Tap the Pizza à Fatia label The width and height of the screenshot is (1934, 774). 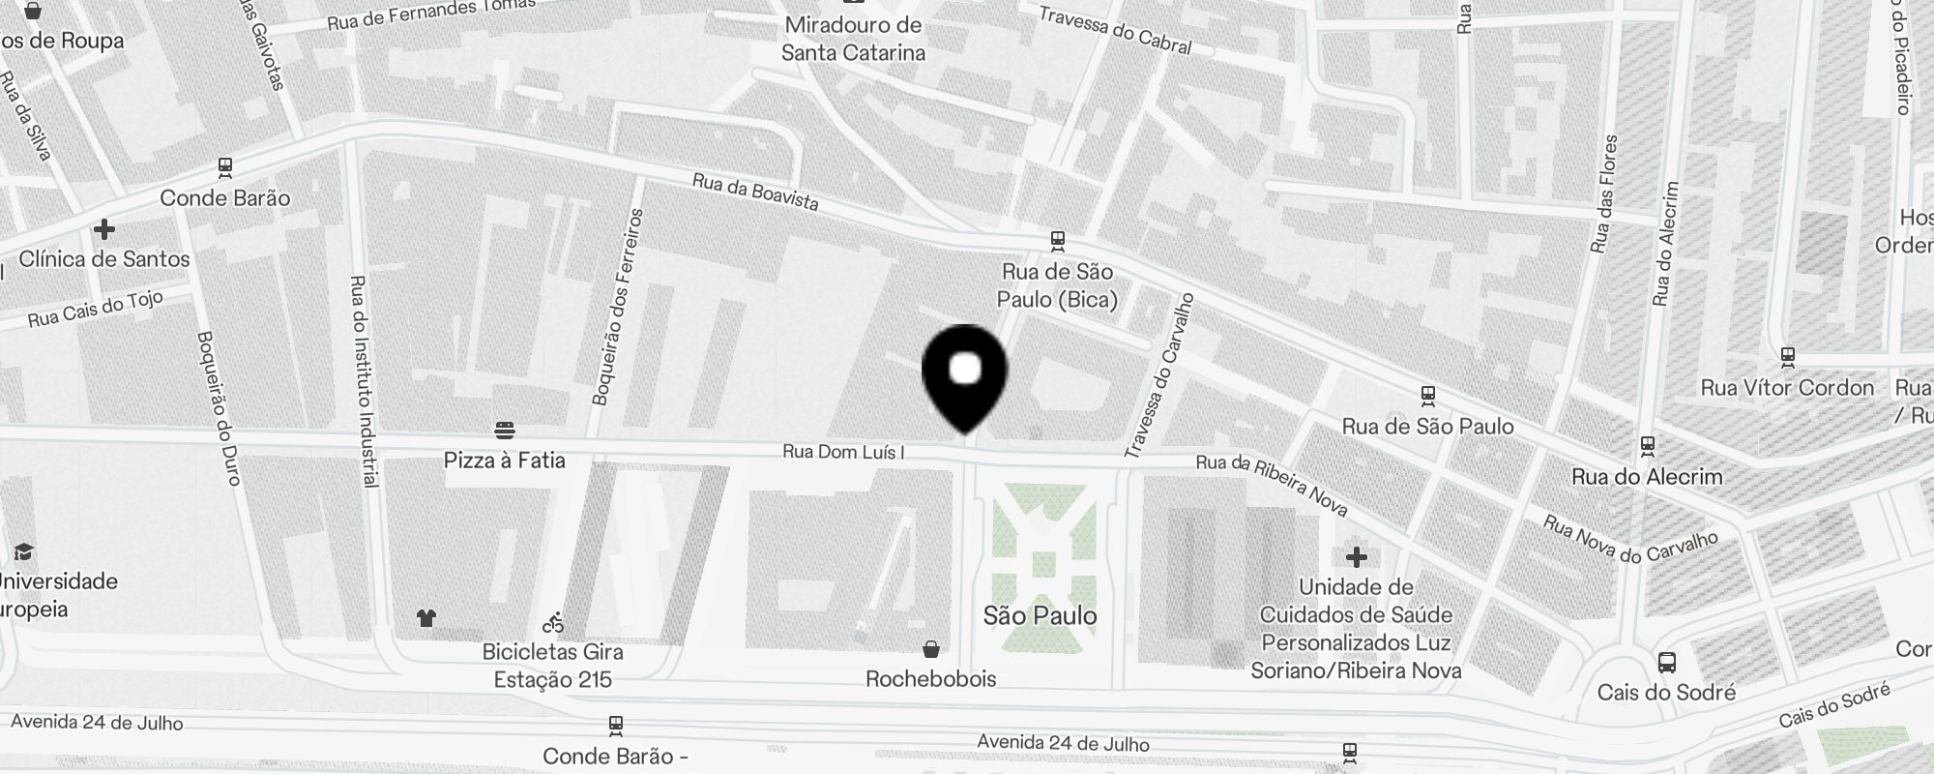(x=504, y=461)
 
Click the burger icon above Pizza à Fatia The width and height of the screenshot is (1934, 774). (x=504, y=430)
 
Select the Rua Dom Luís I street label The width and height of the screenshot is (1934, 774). (x=843, y=452)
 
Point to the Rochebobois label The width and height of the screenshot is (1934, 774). (x=930, y=679)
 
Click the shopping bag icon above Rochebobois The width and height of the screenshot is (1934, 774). (x=930, y=648)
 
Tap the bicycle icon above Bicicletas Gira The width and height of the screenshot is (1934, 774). (x=553, y=622)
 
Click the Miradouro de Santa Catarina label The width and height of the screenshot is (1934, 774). (x=853, y=39)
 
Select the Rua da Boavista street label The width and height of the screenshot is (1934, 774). (x=755, y=192)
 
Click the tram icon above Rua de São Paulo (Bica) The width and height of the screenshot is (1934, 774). (x=1058, y=240)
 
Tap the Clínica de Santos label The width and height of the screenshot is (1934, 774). (x=104, y=259)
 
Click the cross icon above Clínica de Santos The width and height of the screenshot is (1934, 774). (x=104, y=229)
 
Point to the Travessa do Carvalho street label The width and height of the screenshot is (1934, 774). (x=1159, y=375)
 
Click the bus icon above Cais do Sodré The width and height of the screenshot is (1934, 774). (x=1666, y=663)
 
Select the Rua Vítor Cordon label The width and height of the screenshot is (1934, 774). (x=1787, y=388)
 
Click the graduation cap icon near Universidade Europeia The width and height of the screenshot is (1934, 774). (x=23, y=551)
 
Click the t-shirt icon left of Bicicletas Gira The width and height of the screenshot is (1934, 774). (x=426, y=618)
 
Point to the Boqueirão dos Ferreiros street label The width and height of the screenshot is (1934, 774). (x=615, y=308)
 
